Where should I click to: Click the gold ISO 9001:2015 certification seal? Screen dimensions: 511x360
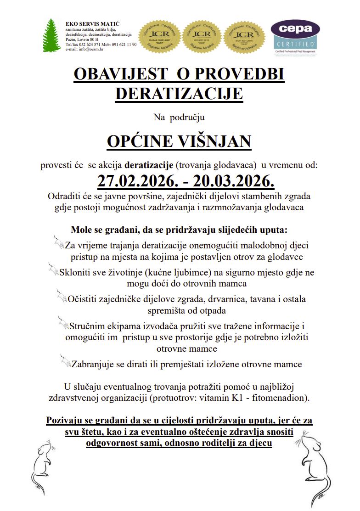202,37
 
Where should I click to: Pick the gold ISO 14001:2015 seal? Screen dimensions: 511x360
245,37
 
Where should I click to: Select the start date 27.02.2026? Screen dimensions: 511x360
135,180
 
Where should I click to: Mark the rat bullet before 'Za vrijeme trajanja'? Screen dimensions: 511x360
58,242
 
